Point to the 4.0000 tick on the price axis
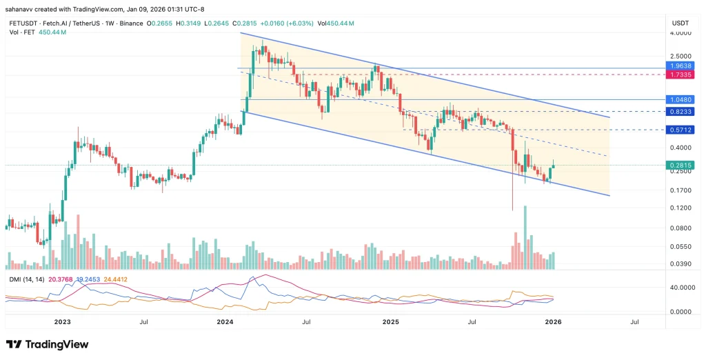[x=681, y=33]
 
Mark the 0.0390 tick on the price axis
[x=681, y=263]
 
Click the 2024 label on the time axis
[x=225, y=322]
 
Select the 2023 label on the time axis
[x=62, y=322]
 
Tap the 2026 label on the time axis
[x=553, y=322]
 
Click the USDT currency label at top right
[x=680, y=23]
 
